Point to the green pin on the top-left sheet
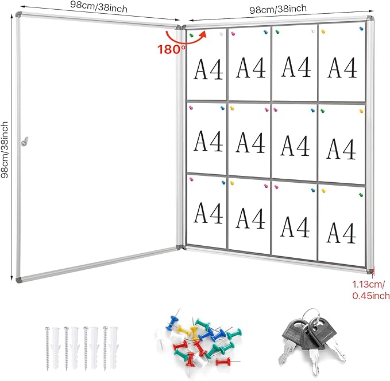click(x=192, y=35)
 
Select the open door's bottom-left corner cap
click(x=19, y=280)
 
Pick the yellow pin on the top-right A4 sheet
click(x=323, y=32)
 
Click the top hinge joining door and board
click(x=180, y=26)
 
